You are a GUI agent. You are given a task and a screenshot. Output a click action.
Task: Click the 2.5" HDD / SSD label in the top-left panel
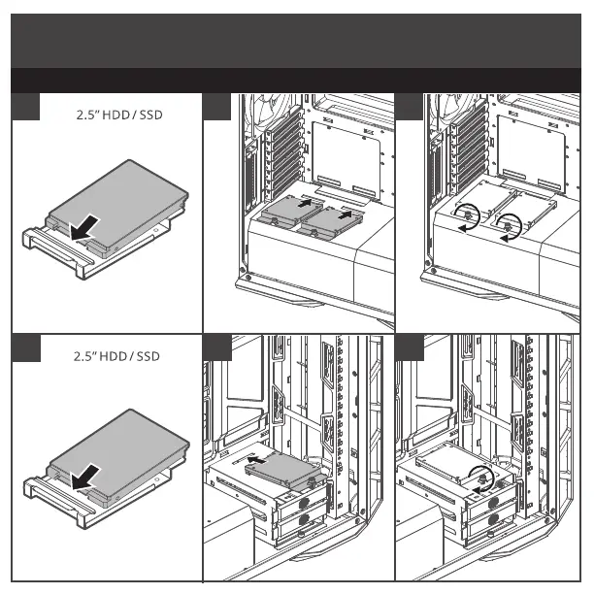[117, 115]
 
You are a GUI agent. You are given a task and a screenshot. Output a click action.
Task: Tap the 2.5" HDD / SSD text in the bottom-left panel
[117, 356]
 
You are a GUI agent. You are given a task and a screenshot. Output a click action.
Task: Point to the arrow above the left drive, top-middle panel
[304, 204]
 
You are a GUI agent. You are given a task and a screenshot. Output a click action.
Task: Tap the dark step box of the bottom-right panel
[412, 346]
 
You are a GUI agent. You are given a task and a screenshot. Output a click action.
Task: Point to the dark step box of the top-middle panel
[217, 107]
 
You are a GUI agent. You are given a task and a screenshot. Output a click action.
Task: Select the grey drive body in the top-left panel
[116, 194]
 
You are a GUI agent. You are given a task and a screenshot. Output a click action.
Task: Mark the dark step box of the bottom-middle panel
[217, 346]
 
